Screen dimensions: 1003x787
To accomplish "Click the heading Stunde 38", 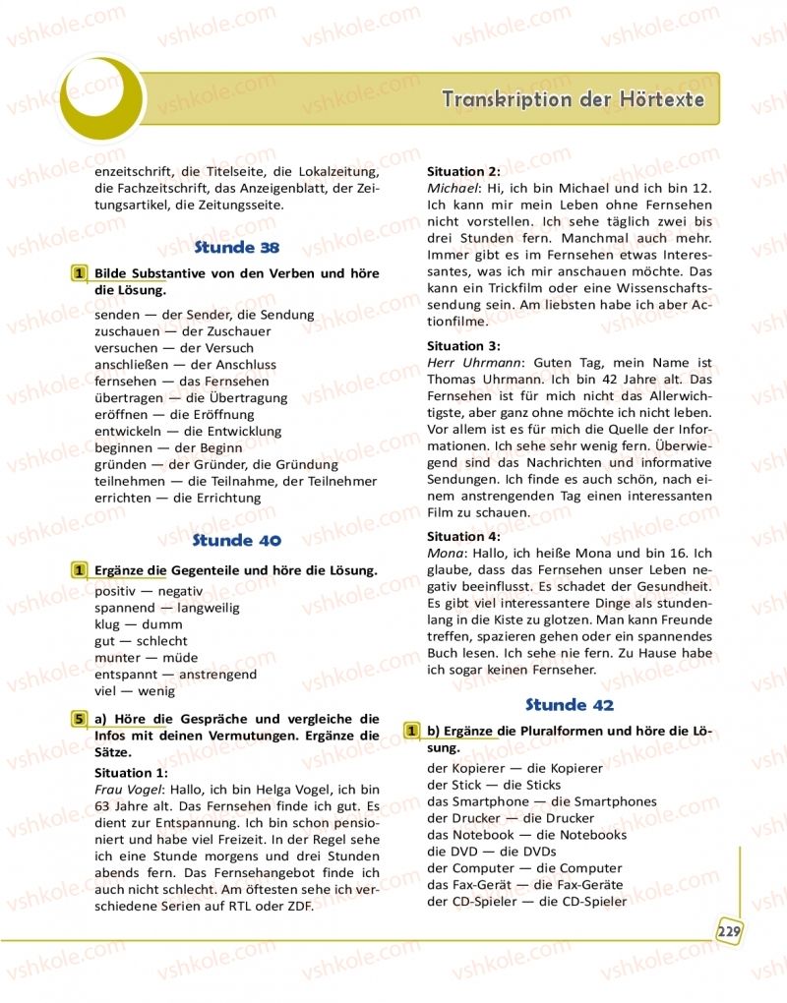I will tap(237, 248).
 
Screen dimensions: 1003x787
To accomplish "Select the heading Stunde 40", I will tap(237, 540).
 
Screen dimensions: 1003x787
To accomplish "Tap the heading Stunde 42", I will tap(570, 704).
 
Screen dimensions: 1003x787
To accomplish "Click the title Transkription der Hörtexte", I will tap(573, 99).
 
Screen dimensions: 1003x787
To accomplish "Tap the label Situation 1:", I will tap(132, 773).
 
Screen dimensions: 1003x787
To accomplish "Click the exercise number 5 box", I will tap(78, 719).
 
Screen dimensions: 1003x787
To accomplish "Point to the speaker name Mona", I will tap(445, 554).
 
